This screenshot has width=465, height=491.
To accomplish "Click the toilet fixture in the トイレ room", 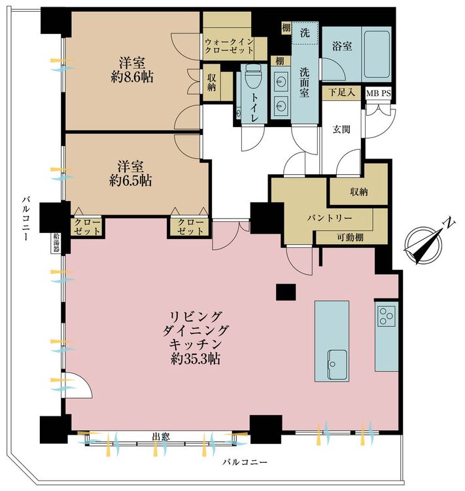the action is (253, 77).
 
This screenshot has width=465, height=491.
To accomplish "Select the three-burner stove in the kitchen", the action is (387, 316).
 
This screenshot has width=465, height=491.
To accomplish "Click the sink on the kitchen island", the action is (337, 365).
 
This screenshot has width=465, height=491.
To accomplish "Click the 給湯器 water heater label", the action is (57, 243).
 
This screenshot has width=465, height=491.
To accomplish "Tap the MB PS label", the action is (378, 94).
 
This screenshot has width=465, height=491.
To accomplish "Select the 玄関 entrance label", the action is (341, 130).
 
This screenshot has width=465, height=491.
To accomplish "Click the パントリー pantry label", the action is (329, 218).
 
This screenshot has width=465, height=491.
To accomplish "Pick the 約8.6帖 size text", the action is (132, 77).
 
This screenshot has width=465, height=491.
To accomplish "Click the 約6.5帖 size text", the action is (131, 181).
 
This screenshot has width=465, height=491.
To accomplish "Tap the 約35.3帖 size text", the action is (196, 359).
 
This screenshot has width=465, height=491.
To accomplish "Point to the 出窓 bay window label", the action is (161, 437).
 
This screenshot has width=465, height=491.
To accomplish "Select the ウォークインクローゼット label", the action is (229, 46).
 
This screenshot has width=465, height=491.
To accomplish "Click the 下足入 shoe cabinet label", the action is (341, 92).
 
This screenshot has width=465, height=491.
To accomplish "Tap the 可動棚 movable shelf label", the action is (350, 238).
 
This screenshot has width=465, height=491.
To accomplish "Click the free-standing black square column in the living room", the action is (286, 292).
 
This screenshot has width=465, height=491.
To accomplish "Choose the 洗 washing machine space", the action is (305, 33).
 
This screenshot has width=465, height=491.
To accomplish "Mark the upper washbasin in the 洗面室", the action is (280, 82).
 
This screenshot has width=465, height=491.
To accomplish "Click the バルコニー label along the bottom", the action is (245, 462).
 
